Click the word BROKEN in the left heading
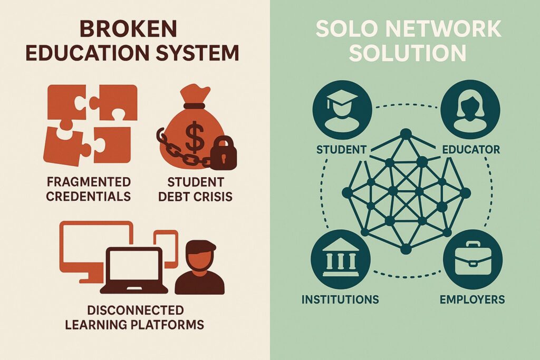coord(128,28)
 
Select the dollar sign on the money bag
coord(195,137)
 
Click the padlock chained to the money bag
coord(223,153)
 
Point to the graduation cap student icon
coord(342,110)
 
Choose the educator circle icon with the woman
coord(470,110)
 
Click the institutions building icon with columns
coord(340,259)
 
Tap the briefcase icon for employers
coord(473,259)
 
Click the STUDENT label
coord(341,150)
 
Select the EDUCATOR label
coord(471,150)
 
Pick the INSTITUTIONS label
coord(340,299)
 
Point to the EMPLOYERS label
coord(472,299)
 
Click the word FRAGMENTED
coord(89,182)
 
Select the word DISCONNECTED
coord(135,310)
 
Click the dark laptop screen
coord(134,266)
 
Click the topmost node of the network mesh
coord(406,133)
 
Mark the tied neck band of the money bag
coord(194,105)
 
